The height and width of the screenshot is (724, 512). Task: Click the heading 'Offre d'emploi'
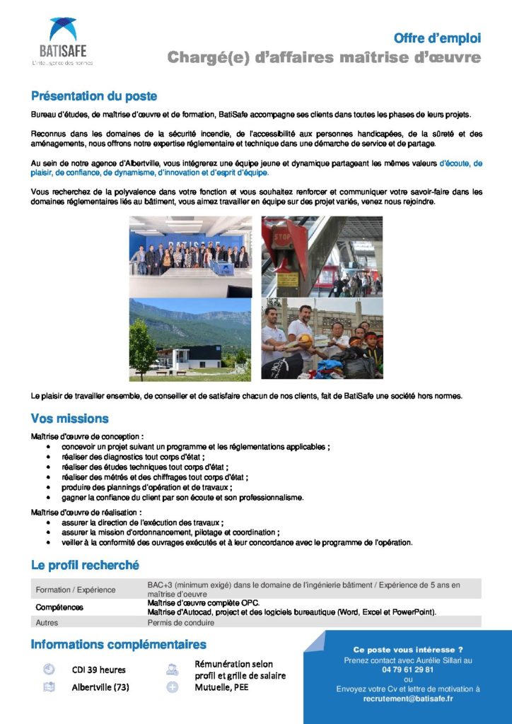pyautogui.click(x=437, y=37)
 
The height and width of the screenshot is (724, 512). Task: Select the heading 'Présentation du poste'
pyautogui.click(x=94, y=96)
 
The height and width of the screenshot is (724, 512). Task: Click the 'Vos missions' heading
pyautogui.click(x=70, y=419)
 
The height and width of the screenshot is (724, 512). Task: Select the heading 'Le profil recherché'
pyautogui.click(x=85, y=565)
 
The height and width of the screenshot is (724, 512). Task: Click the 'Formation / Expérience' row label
pyautogui.click(x=76, y=590)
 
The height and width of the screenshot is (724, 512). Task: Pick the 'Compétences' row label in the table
pyautogui.click(x=59, y=607)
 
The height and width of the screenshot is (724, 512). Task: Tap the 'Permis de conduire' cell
pyautogui.click(x=180, y=623)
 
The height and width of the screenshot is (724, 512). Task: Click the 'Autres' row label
pyautogui.click(x=47, y=623)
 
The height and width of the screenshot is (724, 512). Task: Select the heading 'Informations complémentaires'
pyautogui.click(x=118, y=644)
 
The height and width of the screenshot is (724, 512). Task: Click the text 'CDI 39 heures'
pyautogui.click(x=98, y=670)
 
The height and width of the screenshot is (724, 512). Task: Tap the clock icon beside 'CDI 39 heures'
pyautogui.click(x=49, y=669)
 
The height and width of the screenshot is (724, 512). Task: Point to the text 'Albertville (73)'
pyautogui.click(x=100, y=687)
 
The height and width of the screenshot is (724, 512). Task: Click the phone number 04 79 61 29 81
pyautogui.click(x=407, y=670)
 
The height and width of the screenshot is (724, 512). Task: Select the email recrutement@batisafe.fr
pyautogui.click(x=408, y=699)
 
